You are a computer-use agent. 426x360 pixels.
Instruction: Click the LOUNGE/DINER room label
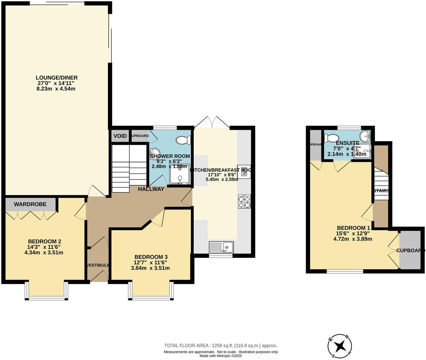[x=57, y=77]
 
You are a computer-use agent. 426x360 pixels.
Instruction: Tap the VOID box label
[x=120, y=136]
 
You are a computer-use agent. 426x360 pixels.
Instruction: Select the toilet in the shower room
[x=183, y=140]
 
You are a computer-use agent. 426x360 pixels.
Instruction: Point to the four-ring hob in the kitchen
[x=244, y=202]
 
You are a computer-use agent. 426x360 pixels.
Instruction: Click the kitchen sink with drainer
[x=221, y=247]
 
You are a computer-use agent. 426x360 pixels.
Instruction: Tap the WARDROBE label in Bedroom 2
[x=30, y=204]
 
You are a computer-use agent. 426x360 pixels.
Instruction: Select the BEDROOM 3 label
[x=151, y=257]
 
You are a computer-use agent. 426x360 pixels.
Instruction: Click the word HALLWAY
[x=151, y=189]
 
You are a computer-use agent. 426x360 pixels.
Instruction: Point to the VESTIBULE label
[x=98, y=265]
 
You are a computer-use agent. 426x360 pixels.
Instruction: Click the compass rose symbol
[x=339, y=346]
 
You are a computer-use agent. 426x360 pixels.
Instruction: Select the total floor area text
[x=221, y=345]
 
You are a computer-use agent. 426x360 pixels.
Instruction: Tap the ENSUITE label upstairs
[x=347, y=143]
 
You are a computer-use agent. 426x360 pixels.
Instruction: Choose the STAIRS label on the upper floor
[x=381, y=190]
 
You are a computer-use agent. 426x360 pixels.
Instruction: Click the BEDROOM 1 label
[x=353, y=228]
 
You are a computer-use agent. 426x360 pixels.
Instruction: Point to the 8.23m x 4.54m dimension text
[x=56, y=89]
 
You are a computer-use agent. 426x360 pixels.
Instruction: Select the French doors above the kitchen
[x=212, y=122]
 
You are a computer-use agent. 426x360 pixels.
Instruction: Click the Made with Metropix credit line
[x=221, y=356]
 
